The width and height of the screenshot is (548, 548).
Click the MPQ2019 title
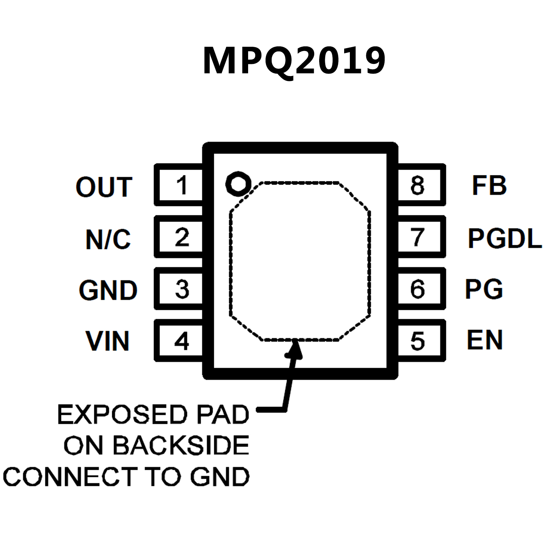(294, 61)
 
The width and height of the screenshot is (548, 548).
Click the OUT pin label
(104, 187)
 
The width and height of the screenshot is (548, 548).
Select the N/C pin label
(108, 239)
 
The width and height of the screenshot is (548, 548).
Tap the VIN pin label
(107, 341)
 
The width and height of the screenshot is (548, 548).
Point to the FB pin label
(489, 185)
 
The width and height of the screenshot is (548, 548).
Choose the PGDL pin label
(505, 238)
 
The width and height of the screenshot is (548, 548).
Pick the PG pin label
(484, 289)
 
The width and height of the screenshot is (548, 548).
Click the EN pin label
(485, 340)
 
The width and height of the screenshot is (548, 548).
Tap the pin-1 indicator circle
(238, 183)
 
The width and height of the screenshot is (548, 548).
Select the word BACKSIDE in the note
(181, 445)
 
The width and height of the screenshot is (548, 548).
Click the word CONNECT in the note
(70, 477)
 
